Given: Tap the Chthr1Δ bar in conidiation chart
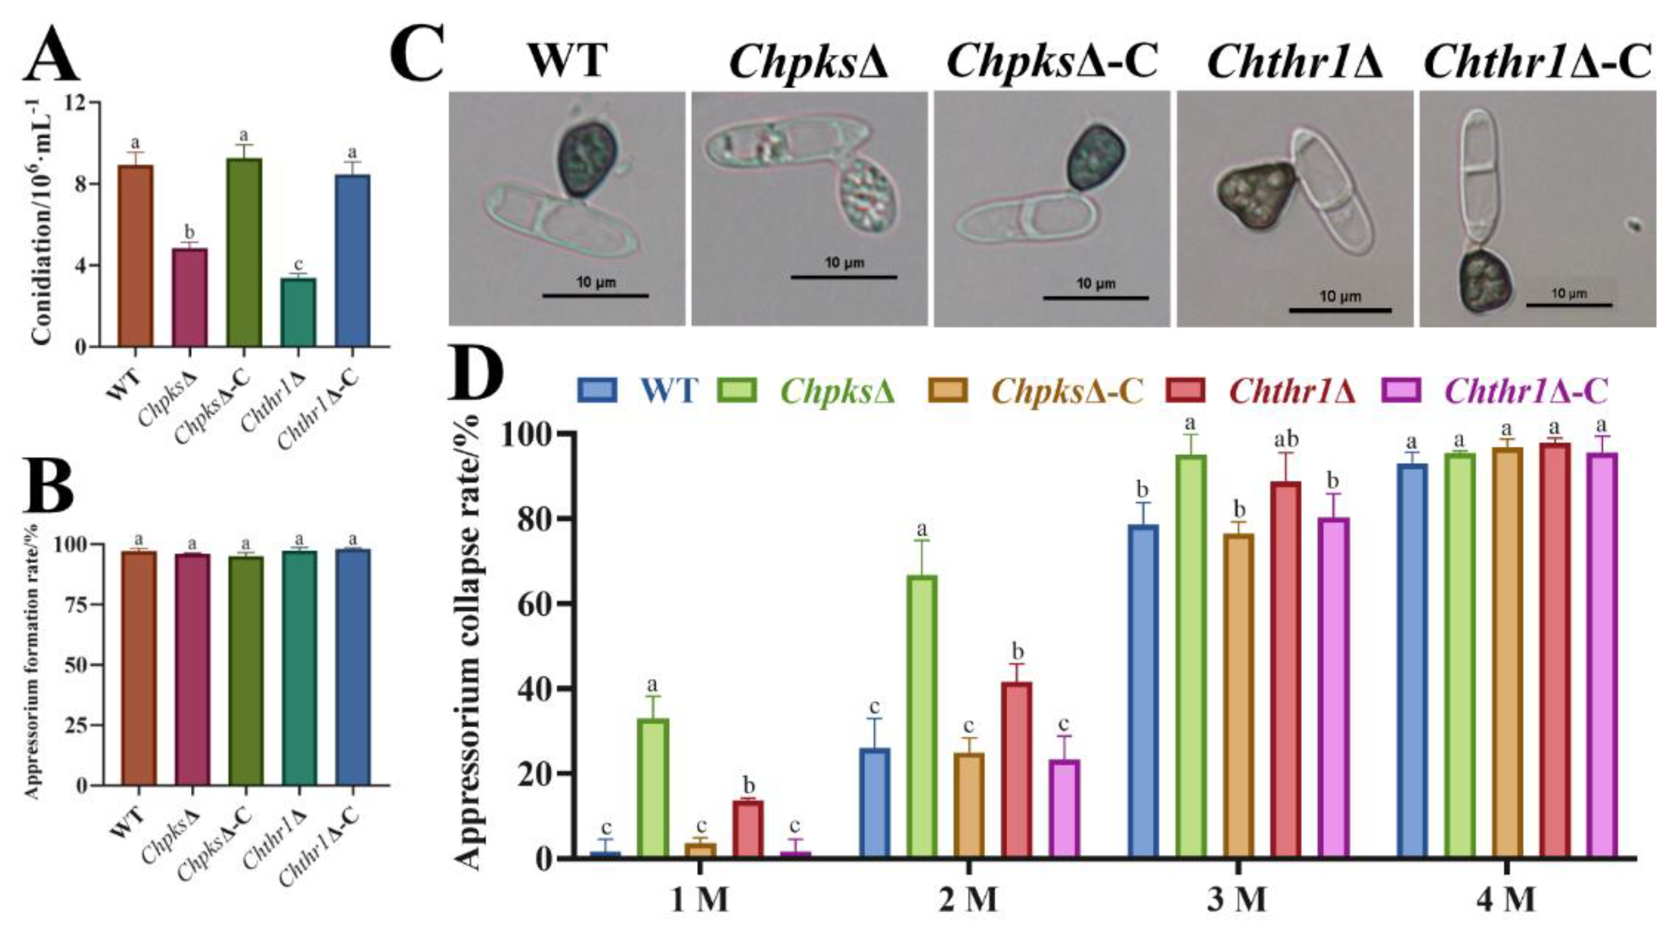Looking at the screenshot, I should (298, 312).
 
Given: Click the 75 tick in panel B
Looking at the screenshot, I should (76, 604).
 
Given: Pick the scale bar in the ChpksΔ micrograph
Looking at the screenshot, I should (844, 277).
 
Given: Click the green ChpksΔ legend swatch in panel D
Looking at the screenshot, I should (737, 391).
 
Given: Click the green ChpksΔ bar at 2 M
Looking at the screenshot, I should (922, 716).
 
